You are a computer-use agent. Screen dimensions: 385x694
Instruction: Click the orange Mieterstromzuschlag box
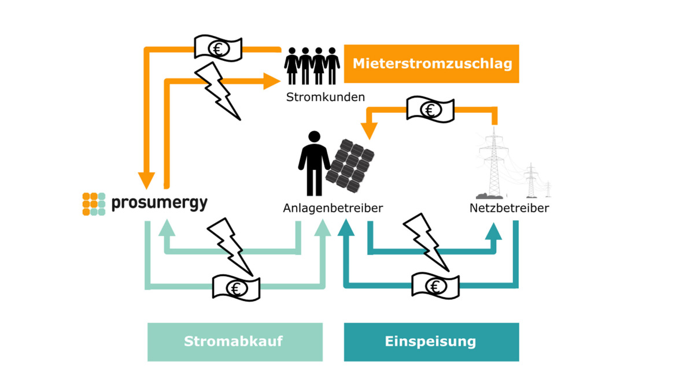point(431,64)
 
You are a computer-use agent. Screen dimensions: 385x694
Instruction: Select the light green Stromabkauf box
point(235,342)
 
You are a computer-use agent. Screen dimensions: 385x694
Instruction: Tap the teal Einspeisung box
point(431,342)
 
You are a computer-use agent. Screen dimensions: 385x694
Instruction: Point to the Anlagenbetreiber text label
point(333,208)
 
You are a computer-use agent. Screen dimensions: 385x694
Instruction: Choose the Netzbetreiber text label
point(509,208)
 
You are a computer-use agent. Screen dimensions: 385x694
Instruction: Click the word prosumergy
point(159,203)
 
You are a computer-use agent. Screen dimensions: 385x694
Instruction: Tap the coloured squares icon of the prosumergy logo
point(94,203)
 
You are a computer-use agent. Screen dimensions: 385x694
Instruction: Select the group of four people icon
point(312,66)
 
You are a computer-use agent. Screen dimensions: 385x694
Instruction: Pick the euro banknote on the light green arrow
point(236,287)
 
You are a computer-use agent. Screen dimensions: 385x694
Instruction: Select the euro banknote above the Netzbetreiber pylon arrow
point(430,109)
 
